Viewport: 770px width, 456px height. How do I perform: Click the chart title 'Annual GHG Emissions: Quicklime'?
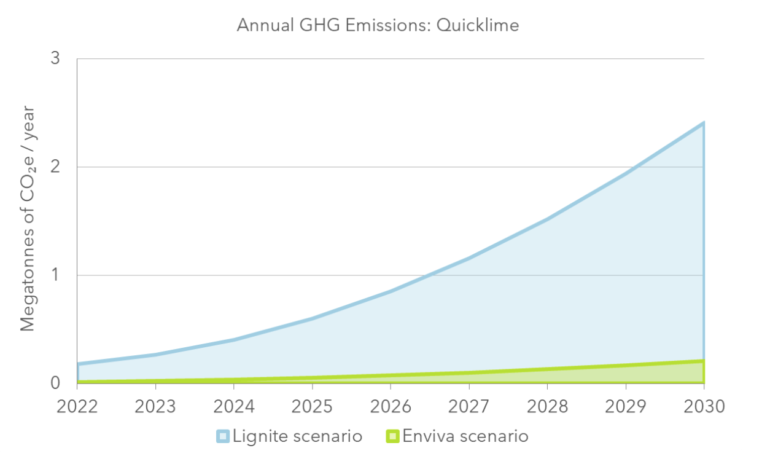click(x=378, y=25)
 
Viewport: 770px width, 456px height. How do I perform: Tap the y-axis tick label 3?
click(x=55, y=59)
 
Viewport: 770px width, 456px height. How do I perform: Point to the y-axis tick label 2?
click(x=55, y=167)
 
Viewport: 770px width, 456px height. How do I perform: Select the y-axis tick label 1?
click(x=55, y=275)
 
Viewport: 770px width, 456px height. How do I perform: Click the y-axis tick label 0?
click(x=55, y=382)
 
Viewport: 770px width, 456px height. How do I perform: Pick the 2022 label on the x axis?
click(x=77, y=407)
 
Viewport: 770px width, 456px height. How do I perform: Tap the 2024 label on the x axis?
click(x=233, y=407)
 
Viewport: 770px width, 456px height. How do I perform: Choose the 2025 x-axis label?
click(x=312, y=407)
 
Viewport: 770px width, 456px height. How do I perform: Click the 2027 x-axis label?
click(x=469, y=407)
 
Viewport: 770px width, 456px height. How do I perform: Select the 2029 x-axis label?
click(x=625, y=407)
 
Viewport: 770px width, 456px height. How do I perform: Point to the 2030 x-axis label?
click(x=704, y=407)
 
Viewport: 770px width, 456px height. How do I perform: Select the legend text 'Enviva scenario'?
click(x=465, y=436)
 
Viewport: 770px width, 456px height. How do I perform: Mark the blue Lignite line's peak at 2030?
click(x=703, y=123)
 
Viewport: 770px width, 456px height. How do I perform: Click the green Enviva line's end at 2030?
click(x=703, y=361)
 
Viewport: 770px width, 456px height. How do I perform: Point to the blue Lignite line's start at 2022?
click(x=78, y=364)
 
